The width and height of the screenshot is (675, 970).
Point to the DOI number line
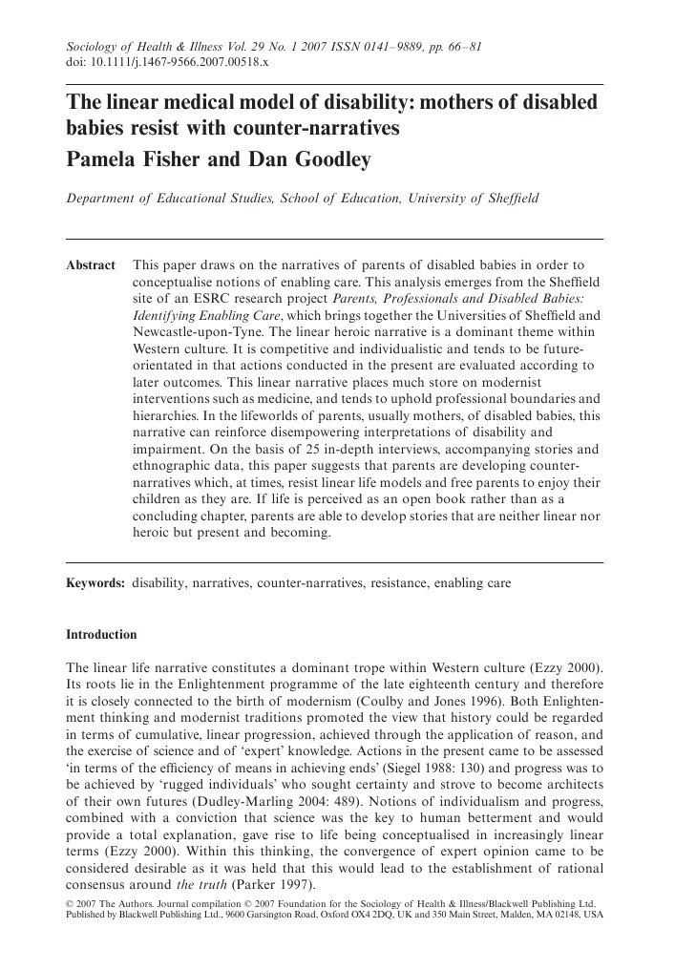166,62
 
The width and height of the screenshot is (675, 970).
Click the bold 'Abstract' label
90,264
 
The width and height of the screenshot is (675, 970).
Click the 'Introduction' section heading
100,635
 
